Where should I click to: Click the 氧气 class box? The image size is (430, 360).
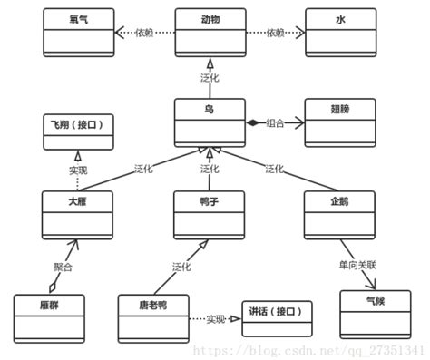pyautogui.click(x=78, y=32)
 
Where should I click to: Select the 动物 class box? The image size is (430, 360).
pyautogui.click(x=210, y=32)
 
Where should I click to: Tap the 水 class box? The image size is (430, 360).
pyautogui.click(x=340, y=32)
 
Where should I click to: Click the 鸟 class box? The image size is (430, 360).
pyautogui.click(x=210, y=122)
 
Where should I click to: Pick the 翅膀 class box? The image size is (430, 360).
pyautogui.click(x=340, y=122)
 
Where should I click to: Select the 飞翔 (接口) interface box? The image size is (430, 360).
pyautogui.click(x=78, y=131)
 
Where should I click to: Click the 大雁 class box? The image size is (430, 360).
pyautogui.click(x=78, y=211)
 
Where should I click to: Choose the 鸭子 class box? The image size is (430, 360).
pyautogui.click(x=210, y=211)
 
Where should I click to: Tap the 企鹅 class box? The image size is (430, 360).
pyautogui.click(x=340, y=211)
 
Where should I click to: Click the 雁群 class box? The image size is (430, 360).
pyautogui.click(x=49, y=316)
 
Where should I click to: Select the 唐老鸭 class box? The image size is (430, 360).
pyautogui.click(x=153, y=316)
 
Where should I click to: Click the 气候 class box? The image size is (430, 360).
pyautogui.click(x=374, y=312)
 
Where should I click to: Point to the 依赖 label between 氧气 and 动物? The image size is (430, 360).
pyautogui.click(x=144, y=33)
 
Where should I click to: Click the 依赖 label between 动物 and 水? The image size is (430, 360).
pyautogui.click(x=275, y=33)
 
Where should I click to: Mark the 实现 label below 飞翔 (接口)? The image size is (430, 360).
pyautogui.click(x=78, y=170)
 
